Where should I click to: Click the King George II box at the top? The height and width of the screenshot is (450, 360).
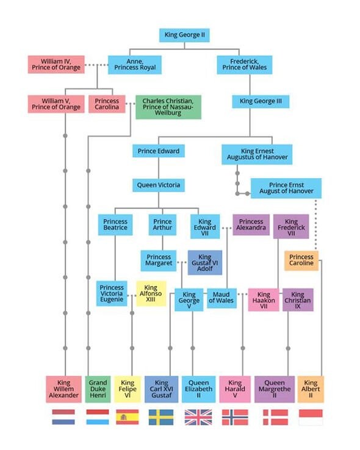184,35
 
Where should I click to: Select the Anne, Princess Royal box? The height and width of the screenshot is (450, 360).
135,65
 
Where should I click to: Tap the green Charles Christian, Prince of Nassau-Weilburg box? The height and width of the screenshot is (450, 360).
168,107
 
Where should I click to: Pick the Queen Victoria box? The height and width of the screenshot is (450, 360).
159,185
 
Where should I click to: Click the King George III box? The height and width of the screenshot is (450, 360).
261,101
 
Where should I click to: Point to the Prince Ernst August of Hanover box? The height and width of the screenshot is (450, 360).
286,188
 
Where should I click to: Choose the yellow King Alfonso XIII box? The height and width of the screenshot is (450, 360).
151,293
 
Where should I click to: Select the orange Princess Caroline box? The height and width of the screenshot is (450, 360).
301,260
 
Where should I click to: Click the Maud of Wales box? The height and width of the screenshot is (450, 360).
221,298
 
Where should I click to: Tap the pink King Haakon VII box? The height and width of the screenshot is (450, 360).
264,300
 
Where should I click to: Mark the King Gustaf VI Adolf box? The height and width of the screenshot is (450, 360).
205,263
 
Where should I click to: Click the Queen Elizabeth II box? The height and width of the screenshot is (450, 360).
199,389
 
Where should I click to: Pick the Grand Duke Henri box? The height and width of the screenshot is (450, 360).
98,389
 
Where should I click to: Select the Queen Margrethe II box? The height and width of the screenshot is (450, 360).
275,389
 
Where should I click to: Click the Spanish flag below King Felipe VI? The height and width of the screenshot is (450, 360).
128,417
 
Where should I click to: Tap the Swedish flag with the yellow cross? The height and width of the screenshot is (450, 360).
161,417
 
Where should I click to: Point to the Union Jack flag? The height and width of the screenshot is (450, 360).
198,417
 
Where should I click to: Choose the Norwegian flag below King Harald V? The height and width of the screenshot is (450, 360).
235,417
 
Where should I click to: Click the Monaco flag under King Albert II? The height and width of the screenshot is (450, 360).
311,417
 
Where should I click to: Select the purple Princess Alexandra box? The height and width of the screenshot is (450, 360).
251,225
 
